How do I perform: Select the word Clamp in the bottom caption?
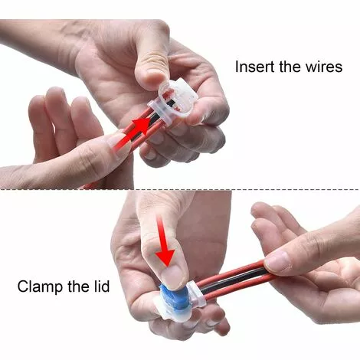pyautogui.click(x=41, y=288)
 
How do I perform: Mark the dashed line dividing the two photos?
pyautogui.click(x=180, y=190)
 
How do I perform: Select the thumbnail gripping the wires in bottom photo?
pyautogui.click(x=277, y=262)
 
